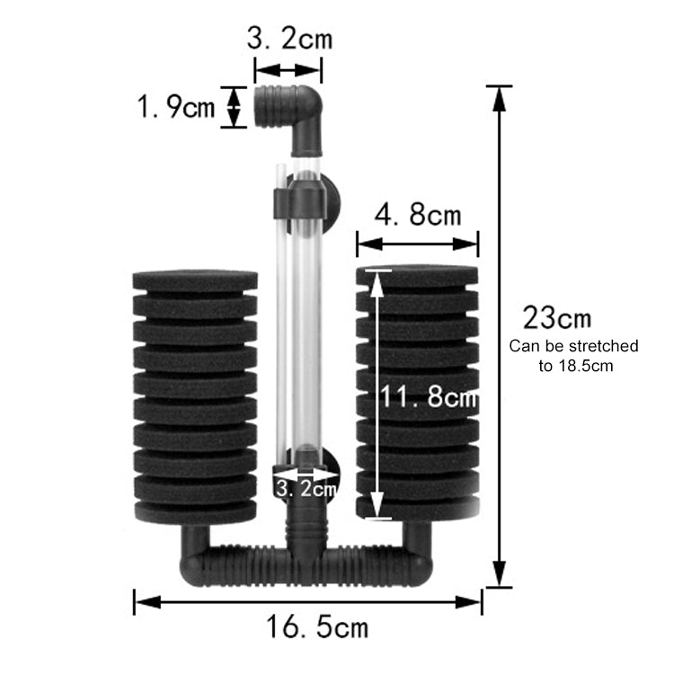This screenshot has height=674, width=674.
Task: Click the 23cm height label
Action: pos(557,318)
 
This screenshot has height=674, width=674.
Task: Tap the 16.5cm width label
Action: pos(317,626)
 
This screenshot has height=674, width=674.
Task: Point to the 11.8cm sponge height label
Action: pos(430,396)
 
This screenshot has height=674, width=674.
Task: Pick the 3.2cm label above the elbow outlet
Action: pos(289,39)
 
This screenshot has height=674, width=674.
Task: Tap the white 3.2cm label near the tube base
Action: pos(306,489)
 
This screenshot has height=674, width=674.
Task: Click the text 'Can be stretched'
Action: pos(573,346)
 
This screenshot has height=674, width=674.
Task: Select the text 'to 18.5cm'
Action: pos(575,366)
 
